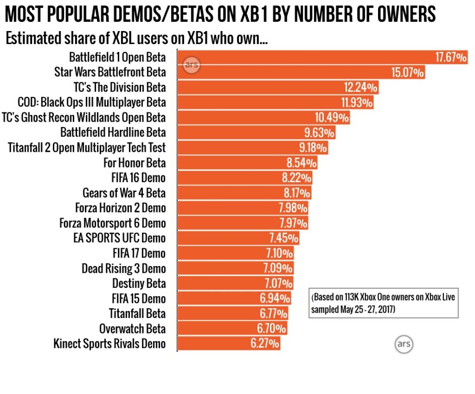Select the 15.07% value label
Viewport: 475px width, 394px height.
(x=408, y=73)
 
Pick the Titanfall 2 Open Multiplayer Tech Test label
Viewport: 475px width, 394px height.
(x=87, y=148)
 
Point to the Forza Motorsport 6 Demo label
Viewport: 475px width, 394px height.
(x=112, y=223)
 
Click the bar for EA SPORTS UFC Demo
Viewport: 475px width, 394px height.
(x=238, y=238)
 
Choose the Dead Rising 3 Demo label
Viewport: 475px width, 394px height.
(x=123, y=268)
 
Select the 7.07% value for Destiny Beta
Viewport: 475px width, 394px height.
(x=276, y=284)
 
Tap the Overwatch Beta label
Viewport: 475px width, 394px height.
(x=132, y=329)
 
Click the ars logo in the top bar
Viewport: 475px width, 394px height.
(x=191, y=65)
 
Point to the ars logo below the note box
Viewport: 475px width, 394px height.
(x=403, y=344)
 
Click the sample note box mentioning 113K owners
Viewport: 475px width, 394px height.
(x=383, y=303)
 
